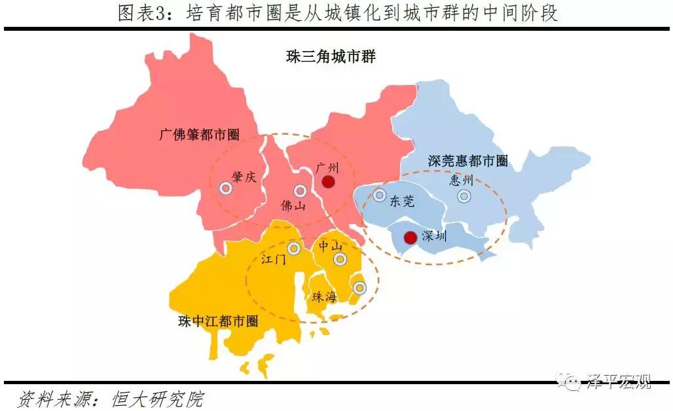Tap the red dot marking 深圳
(410, 238)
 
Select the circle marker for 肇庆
(226, 188)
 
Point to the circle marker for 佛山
(300, 191)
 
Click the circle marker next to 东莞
(379, 194)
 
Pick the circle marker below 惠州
(464, 196)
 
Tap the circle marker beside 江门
(293, 248)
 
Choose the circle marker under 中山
(340, 259)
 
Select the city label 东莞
(402, 202)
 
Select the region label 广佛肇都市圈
(200, 135)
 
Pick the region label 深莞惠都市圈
(468, 160)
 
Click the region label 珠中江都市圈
(218, 321)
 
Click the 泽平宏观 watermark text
(619, 382)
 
